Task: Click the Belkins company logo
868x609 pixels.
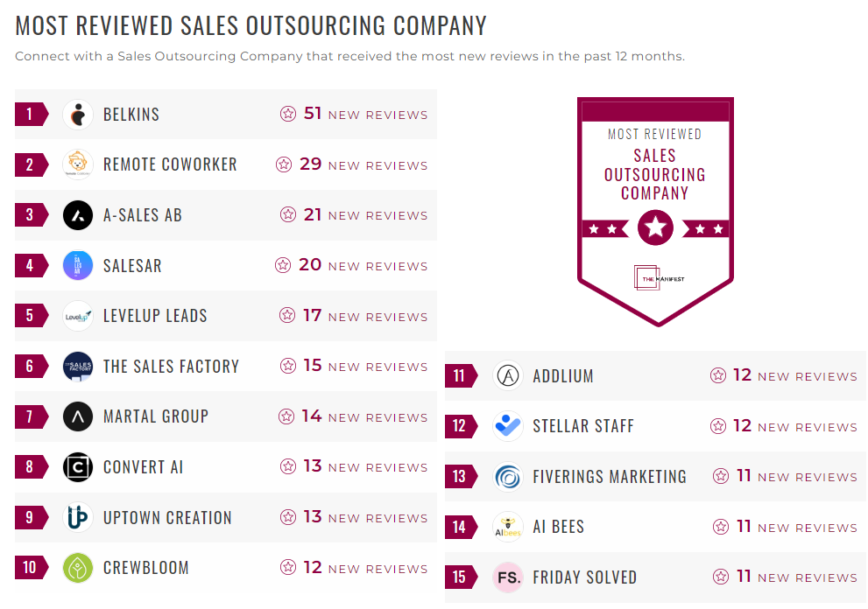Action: (x=78, y=115)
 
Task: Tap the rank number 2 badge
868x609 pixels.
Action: (x=31, y=164)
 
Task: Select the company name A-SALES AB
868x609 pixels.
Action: (x=143, y=215)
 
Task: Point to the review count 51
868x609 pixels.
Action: (x=313, y=114)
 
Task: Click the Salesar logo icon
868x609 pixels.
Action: (x=78, y=265)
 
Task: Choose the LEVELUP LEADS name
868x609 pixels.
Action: (x=155, y=316)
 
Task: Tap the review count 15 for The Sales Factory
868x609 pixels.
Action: (x=313, y=366)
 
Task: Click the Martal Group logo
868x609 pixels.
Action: (x=78, y=416)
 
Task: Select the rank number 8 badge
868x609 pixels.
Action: (x=31, y=467)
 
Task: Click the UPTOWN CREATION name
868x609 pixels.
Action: (x=167, y=517)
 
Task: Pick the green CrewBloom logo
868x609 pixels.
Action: (x=78, y=568)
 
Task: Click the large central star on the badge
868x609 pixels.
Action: (x=655, y=228)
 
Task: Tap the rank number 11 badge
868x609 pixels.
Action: (x=460, y=376)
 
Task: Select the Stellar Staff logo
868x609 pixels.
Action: (x=508, y=426)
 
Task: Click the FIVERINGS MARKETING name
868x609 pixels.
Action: (x=610, y=477)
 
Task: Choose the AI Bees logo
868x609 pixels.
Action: (x=508, y=527)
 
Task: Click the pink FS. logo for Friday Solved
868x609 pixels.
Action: (x=508, y=577)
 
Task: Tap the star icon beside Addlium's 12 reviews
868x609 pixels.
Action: (x=718, y=376)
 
